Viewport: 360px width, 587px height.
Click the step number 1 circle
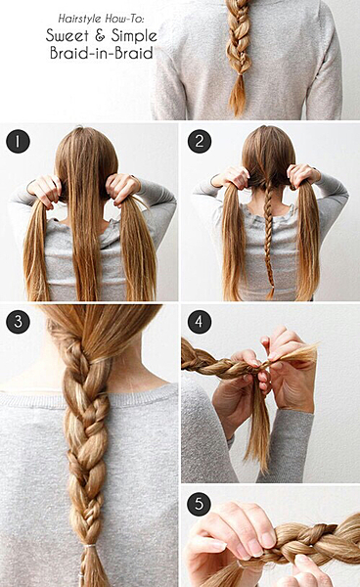(18, 141)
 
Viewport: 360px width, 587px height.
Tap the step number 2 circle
(200, 141)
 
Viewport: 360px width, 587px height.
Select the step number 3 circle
(18, 322)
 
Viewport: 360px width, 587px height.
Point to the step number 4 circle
(200, 322)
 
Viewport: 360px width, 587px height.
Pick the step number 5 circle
(200, 504)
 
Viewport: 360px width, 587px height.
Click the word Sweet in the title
(67, 35)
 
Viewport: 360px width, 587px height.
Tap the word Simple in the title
(134, 36)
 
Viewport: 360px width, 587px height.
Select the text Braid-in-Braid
(102, 53)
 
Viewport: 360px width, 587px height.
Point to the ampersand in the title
(100, 36)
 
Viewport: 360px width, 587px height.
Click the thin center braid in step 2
(268, 235)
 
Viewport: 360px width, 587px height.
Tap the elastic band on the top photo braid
(239, 74)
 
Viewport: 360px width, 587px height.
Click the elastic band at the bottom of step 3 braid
(90, 546)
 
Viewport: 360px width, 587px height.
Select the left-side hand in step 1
(45, 190)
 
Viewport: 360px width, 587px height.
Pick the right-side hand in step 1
(121, 188)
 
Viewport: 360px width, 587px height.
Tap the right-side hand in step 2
(303, 175)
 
